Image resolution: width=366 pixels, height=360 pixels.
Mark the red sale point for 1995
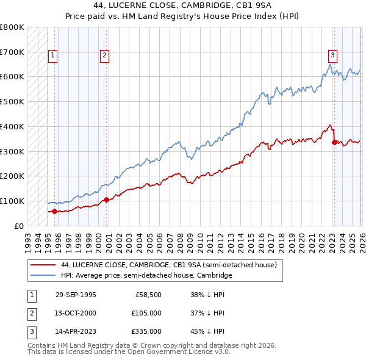point(54,211)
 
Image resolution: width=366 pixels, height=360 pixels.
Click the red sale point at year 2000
point(106,200)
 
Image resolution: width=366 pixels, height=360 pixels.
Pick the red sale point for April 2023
point(334,142)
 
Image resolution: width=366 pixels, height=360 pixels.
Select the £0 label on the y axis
point(19,226)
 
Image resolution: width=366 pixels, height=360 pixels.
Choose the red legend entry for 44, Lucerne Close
point(169,265)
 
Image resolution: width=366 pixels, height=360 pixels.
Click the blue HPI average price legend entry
point(146,276)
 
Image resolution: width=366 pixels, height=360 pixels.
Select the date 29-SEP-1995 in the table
point(76,295)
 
